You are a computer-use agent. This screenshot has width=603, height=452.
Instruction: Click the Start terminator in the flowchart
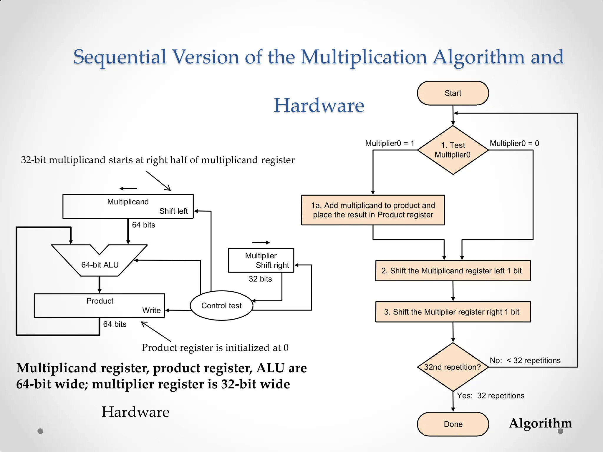click(453, 93)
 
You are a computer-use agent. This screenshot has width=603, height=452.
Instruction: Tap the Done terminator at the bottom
click(453, 424)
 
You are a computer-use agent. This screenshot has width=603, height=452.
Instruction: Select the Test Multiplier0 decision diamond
click(453, 150)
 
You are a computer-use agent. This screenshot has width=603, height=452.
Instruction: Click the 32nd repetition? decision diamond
click(453, 367)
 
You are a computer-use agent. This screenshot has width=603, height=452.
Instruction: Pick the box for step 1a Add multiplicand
click(373, 210)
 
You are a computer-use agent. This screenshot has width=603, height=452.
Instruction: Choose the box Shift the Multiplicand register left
click(453, 271)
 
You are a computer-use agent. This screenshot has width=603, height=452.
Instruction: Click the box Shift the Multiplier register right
click(453, 312)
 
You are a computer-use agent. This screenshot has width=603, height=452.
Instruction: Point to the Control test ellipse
click(221, 306)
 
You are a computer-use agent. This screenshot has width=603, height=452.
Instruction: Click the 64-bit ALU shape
click(100, 265)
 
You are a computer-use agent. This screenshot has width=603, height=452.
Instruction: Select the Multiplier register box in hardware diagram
click(261, 260)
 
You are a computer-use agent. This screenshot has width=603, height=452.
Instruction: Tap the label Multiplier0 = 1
click(390, 143)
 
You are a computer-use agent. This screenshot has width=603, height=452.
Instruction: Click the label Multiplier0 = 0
click(514, 143)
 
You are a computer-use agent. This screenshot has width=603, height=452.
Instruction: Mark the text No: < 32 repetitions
click(525, 360)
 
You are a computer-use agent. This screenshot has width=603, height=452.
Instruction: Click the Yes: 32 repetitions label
click(491, 395)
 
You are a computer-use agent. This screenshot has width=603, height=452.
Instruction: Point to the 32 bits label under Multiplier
click(260, 279)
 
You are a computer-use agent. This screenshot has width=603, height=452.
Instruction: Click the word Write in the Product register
click(151, 310)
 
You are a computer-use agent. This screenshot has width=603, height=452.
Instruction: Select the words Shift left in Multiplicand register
click(173, 211)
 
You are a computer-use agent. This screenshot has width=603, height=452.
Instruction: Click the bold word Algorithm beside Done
click(540, 423)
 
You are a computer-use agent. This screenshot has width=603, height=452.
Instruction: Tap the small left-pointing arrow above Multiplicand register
click(128, 189)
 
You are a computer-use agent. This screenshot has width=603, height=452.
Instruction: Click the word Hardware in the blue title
click(319, 105)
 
